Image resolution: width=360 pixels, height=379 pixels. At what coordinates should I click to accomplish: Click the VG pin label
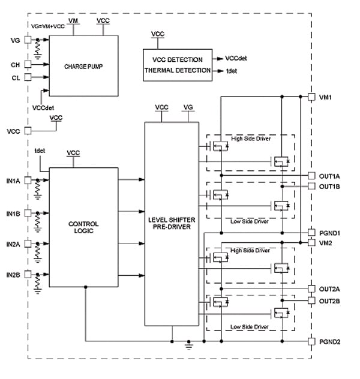(14, 41)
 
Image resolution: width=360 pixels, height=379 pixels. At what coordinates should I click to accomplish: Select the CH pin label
(15, 64)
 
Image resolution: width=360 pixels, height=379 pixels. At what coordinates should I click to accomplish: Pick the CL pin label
(15, 78)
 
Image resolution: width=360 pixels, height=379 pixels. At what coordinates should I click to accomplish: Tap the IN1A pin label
(14, 180)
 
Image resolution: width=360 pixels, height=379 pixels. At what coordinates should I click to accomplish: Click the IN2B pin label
(14, 275)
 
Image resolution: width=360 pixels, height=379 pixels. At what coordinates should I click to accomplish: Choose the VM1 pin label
(326, 97)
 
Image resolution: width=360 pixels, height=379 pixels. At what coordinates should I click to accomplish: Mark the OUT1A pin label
(329, 176)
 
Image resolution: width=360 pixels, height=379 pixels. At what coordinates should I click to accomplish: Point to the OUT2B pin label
(329, 300)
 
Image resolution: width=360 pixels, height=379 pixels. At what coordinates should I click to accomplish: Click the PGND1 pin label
(329, 232)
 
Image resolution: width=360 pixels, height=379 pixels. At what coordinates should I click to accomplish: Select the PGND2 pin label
(329, 342)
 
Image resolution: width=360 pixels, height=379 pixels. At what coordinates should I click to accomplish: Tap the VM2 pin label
(326, 242)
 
